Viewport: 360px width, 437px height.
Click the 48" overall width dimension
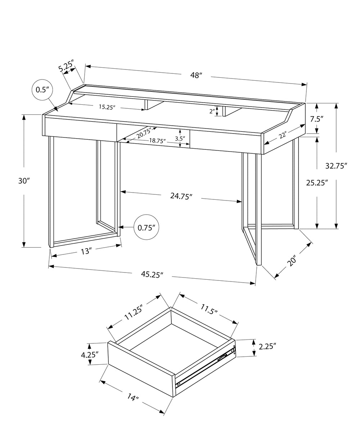(x=196, y=75)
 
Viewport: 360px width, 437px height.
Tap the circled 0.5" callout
(x=42, y=90)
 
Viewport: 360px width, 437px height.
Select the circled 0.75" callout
(x=146, y=227)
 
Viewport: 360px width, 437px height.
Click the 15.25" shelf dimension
(x=107, y=107)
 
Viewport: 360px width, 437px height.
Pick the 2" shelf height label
(x=212, y=111)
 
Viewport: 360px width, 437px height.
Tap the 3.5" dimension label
(x=180, y=138)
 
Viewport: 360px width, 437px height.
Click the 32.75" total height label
(x=336, y=166)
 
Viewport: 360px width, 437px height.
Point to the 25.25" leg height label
(x=317, y=183)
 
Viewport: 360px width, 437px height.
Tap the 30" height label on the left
(x=24, y=181)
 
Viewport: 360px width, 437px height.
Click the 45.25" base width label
(x=152, y=274)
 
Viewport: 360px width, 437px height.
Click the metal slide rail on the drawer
(x=205, y=367)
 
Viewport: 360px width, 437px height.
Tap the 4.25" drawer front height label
(x=90, y=354)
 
